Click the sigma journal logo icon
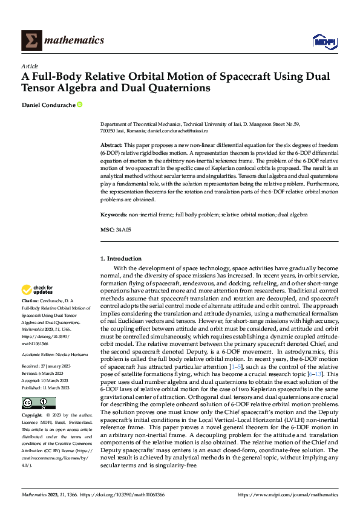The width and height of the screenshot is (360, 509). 31,40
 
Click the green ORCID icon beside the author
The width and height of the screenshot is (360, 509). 79,105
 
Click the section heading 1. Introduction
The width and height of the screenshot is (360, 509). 120,259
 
